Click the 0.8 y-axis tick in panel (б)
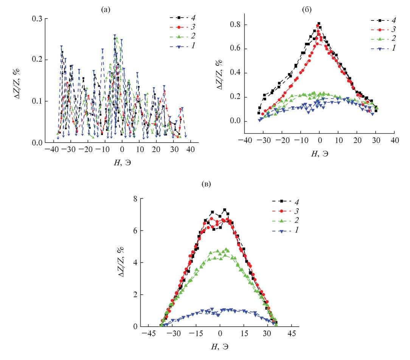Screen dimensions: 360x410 click(x=236, y=25)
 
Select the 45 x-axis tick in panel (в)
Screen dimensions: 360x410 click(x=291, y=335)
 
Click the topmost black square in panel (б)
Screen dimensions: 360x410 click(x=319, y=23)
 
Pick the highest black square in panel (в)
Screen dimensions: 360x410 click(x=225, y=209)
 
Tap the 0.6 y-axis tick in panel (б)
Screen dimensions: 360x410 click(x=236, y=49)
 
